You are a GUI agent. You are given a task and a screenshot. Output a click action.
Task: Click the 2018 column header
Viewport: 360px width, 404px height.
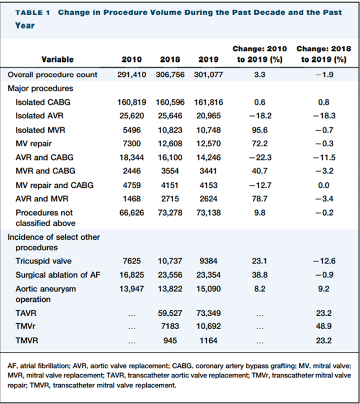[170, 59]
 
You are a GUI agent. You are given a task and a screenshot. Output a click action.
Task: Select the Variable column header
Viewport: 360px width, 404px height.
[58, 59]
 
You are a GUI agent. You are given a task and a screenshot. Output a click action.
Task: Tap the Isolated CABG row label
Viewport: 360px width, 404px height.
[43, 102]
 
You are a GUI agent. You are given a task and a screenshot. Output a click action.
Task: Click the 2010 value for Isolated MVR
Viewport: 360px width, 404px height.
[131, 130]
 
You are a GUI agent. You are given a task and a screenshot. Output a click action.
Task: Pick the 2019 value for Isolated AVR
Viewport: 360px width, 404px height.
[208, 116]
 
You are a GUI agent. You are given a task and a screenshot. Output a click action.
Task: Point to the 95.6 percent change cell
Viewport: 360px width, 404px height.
[260, 130]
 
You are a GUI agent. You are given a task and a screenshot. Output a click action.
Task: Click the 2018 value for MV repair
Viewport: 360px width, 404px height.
[170, 144]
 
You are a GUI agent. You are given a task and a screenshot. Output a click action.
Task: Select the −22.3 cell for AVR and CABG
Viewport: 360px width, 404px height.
[260, 158]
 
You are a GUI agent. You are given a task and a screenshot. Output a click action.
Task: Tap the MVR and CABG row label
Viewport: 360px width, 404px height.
[45, 171]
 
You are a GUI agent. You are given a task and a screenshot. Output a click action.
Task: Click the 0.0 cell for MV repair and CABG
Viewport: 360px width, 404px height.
[324, 185]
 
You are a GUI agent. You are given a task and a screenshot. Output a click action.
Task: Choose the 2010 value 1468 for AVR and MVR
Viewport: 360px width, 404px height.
[131, 199]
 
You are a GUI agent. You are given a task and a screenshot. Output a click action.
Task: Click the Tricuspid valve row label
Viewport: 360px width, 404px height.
[44, 261]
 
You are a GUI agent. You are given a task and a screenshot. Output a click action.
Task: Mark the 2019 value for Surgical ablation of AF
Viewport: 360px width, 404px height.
[208, 275]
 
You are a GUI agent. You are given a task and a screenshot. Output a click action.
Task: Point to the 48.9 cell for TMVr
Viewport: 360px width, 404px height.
[324, 326]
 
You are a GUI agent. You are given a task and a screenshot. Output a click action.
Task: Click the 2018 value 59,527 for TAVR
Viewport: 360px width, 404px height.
[170, 313]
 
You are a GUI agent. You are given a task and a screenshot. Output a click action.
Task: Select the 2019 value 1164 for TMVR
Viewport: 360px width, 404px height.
[208, 340]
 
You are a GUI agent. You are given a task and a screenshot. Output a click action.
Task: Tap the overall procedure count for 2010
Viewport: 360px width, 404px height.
[131, 75]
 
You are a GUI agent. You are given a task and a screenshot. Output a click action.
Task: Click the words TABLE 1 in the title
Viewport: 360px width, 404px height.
[33, 13]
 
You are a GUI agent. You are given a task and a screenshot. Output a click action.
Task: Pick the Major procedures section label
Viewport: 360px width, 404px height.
[40, 88]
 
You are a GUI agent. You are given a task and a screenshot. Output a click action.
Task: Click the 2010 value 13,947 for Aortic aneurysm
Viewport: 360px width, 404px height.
[131, 289]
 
